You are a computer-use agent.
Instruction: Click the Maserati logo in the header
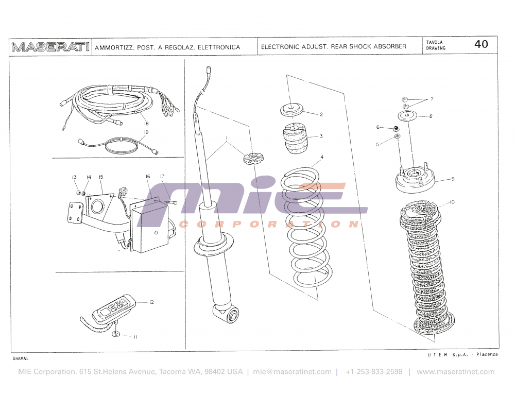click(50, 47)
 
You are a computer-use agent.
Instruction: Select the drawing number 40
click(481, 44)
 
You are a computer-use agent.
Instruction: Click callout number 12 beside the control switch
click(151, 302)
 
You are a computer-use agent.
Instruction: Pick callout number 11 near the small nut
click(135, 337)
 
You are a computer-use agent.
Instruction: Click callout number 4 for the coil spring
click(322, 157)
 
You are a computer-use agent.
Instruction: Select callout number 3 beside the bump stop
click(320, 136)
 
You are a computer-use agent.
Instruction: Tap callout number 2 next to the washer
click(320, 114)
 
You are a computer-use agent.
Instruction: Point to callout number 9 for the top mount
click(452, 179)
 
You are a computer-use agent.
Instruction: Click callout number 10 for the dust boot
click(452, 202)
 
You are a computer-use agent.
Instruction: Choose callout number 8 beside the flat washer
click(431, 116)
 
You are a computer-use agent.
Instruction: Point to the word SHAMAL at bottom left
click(20, 358)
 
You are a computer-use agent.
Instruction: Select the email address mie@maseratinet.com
click(292, 372)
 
